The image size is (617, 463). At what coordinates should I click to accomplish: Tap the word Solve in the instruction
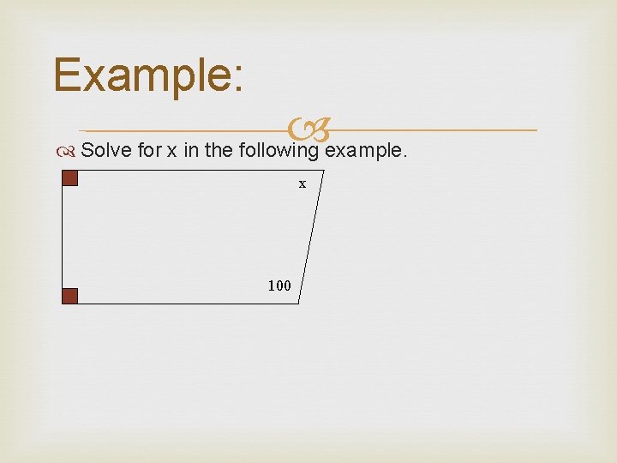(x=106, y=150)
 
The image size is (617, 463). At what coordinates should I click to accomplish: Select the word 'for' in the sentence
(x=149, y=150)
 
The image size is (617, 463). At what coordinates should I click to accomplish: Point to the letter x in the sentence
(x=171, y=151)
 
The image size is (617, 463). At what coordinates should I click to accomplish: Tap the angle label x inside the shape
(x=302, y=183)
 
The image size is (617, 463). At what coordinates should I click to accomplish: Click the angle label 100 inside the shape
(x=279, y=286)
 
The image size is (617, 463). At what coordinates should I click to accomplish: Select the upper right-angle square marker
(x=70, y=178)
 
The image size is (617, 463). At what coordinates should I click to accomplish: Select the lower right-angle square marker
(x=70, y=296)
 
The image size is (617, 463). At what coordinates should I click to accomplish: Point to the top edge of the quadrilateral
(x=189, y=171)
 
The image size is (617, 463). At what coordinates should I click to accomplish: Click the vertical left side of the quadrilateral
(x=63, y=238)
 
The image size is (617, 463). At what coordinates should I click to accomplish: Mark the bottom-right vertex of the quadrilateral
(x=298, y=304)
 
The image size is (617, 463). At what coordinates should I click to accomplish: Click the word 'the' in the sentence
(x=220, y=150)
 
